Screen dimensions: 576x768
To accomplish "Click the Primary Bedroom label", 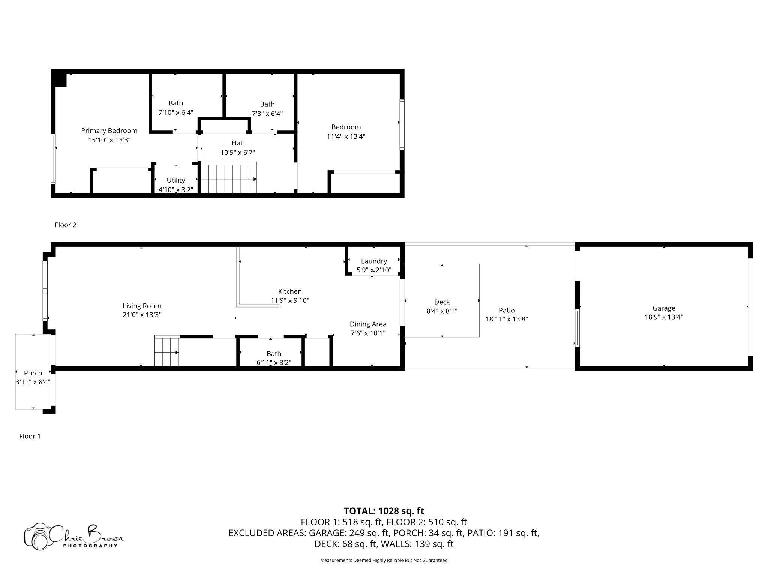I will (109, 131).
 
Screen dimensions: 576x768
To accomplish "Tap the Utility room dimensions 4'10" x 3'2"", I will (175, 190).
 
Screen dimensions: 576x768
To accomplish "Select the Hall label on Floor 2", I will (238, 143).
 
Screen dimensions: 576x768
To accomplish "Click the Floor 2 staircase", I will (228, 178).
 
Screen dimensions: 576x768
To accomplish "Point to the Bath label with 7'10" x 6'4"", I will (175, 103).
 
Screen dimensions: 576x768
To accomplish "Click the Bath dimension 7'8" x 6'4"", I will (267, 113).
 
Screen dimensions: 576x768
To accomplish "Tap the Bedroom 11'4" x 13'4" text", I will (346, 136).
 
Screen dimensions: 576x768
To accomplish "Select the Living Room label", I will (142, 306).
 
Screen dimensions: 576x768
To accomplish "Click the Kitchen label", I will (290, 291).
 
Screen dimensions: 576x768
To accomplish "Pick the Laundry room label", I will (374, 261).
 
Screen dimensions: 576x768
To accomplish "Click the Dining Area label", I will (368, 324).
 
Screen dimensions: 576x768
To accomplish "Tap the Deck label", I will (442, 302).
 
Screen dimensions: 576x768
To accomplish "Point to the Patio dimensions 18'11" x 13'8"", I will (507, 319).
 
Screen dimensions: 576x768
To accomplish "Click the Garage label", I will (663, 308).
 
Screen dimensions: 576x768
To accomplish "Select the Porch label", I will (33, 373).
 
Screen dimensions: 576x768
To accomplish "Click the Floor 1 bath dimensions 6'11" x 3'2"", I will (274, 362).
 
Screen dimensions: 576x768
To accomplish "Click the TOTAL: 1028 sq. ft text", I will (384, 511).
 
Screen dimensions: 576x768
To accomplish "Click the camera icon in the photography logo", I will (36, 537).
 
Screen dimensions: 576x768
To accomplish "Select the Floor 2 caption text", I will (66, 225).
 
